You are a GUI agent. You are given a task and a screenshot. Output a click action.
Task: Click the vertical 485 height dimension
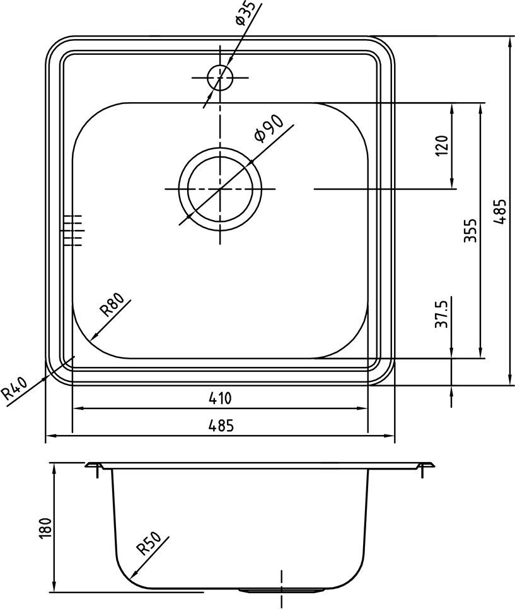coord(499,211)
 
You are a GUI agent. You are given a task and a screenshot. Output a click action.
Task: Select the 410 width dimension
coord(220,398)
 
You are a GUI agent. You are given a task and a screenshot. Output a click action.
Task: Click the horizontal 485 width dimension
coord(220,426)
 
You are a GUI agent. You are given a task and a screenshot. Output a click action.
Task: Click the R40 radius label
coord(14,389)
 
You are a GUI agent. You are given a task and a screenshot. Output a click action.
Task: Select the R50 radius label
coord(149,544)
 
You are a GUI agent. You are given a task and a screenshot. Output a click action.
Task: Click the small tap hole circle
coord(220,78)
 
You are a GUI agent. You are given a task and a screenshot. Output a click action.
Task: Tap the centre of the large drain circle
coord(219,188)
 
